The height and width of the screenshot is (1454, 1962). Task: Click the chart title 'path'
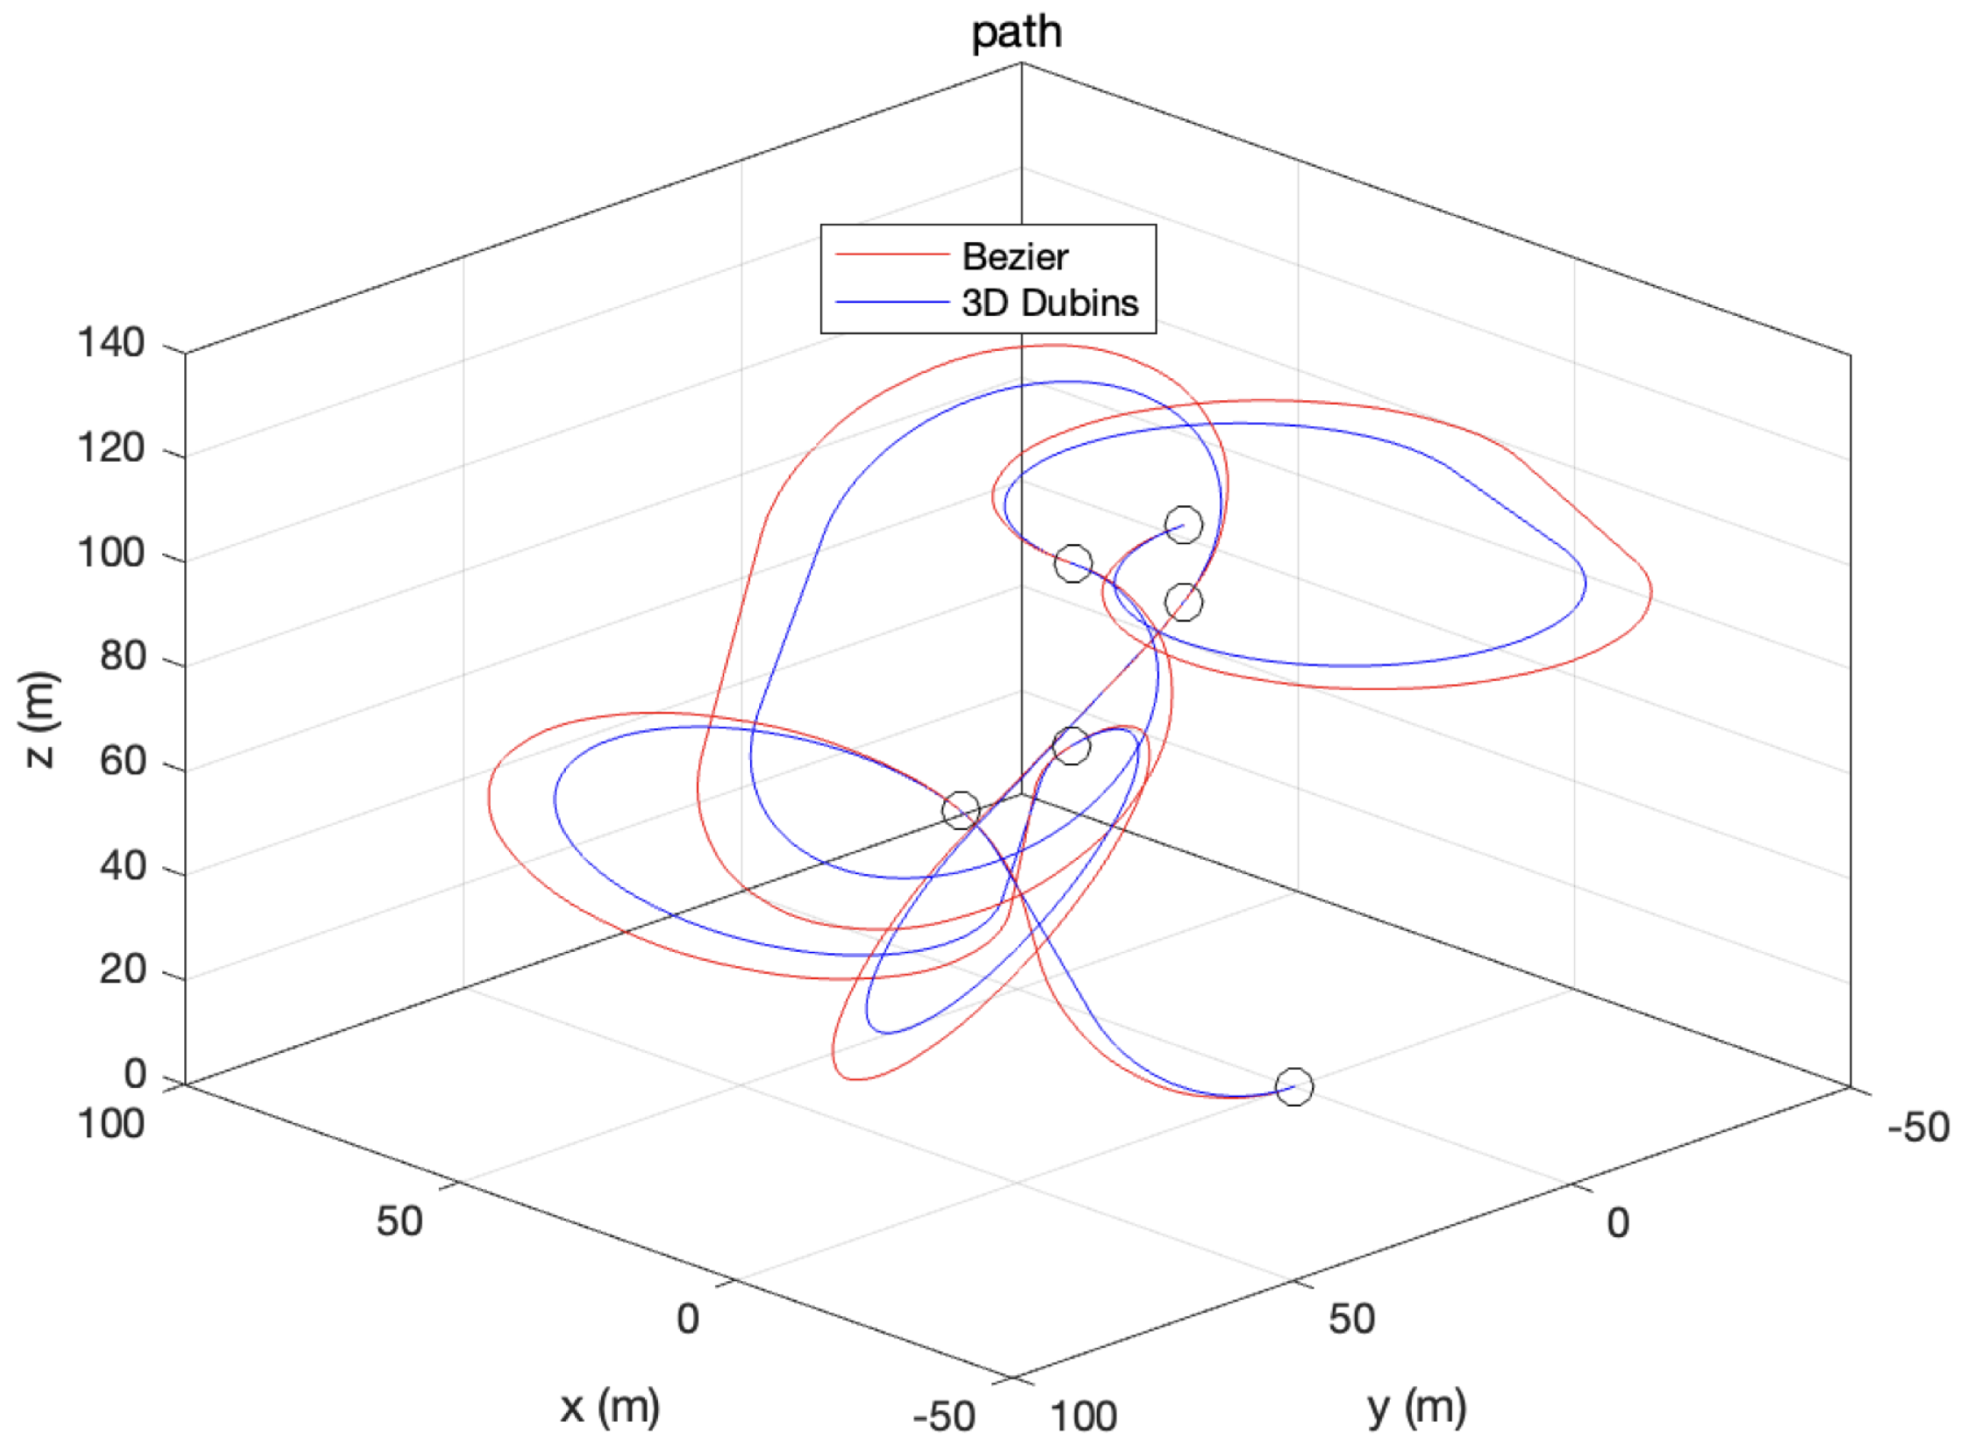[x=1016, y=33]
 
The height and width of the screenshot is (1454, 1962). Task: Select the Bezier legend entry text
[x=1014, y=257]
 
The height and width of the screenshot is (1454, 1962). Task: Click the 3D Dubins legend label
[x=1049, y=303]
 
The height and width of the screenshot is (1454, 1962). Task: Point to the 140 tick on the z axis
[x=111, y=342]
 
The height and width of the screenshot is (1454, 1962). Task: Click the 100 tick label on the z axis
[x=111, y=553]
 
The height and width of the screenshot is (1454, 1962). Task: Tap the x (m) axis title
[x=610, y=1406]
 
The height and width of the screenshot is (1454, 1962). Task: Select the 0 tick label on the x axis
[x=687, y=1319]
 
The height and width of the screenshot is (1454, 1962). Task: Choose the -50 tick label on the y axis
[x=1919, y=1128]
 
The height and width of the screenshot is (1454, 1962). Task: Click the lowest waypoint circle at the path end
[x=1293, y=1086]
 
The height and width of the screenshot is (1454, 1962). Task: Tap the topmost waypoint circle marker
[x=1183, y=525]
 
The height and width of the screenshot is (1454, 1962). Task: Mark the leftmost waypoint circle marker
[x=960, y=810]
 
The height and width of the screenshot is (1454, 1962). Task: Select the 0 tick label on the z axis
[x=134, y=1074]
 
